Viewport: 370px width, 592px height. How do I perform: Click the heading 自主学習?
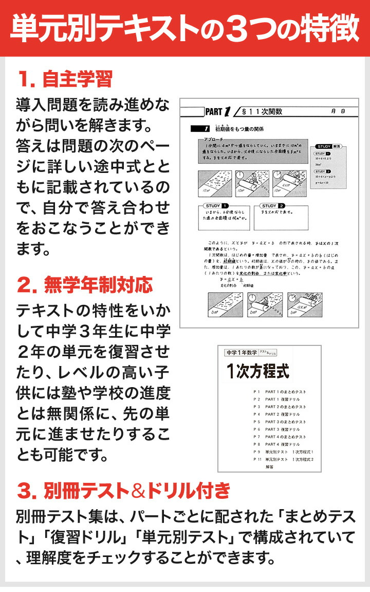(77, 80)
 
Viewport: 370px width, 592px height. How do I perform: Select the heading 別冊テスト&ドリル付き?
(137, 490)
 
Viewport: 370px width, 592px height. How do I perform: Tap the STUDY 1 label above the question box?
(213, 205)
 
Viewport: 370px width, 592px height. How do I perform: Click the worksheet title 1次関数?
(262, 111)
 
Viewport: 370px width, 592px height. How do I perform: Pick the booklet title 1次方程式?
(258, 371)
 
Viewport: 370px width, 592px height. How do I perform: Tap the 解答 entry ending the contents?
(270, 466)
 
